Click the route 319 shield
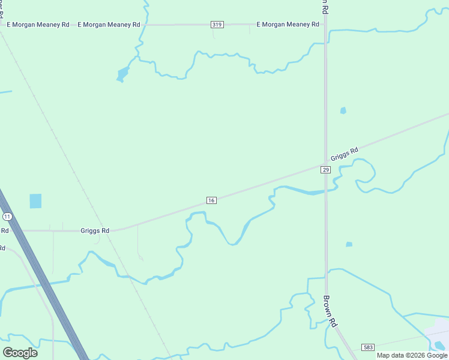point(217,25)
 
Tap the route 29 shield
point(325,170)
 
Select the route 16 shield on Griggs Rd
point(211,200)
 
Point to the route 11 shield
point(7,216)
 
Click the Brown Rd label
point(331,310)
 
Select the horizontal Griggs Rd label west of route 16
point(95,230)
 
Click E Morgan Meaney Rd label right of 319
point(288,25)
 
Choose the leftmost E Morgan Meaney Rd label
point(38,25)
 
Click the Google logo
point(20,352)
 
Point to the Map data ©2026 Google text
point(412,355)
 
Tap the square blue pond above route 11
point(36,201)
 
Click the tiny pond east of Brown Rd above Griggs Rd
point(343,110)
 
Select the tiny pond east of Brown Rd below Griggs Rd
point(349,244)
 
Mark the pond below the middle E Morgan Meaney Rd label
point(122,74)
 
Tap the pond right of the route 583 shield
point(440,345)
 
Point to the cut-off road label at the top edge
point(324,5)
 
